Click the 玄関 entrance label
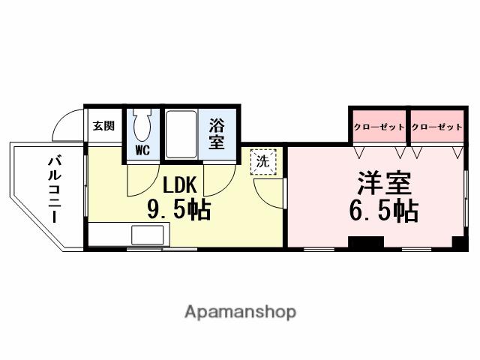[x=103, y=126]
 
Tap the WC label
[x=142, y=150]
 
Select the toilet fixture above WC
[x=142, y=123]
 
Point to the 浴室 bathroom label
[x=217, y=133]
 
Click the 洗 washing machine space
[x=262, y=160]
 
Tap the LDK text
[x=179, y=185]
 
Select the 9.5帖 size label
[x=178, y=210]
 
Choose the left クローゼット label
[x=379, y=127]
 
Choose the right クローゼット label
[x=436, y=127]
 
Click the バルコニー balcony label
[x=55, y=187]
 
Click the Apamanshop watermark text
[x=240, y=312]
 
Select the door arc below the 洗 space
[x=268, y=191]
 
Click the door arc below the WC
[x=142, y=178]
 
